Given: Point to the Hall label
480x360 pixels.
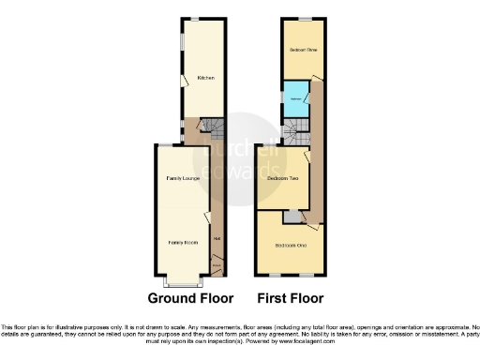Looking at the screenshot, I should click(x=217, y=238).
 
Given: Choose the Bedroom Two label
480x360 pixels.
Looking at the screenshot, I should click(x=282, y=178).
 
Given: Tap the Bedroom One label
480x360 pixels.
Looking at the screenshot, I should click(x=291, y=245).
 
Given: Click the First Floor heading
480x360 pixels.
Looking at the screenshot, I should click(x=291, y=298).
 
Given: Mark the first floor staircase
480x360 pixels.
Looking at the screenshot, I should click(x=294, y=136).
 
